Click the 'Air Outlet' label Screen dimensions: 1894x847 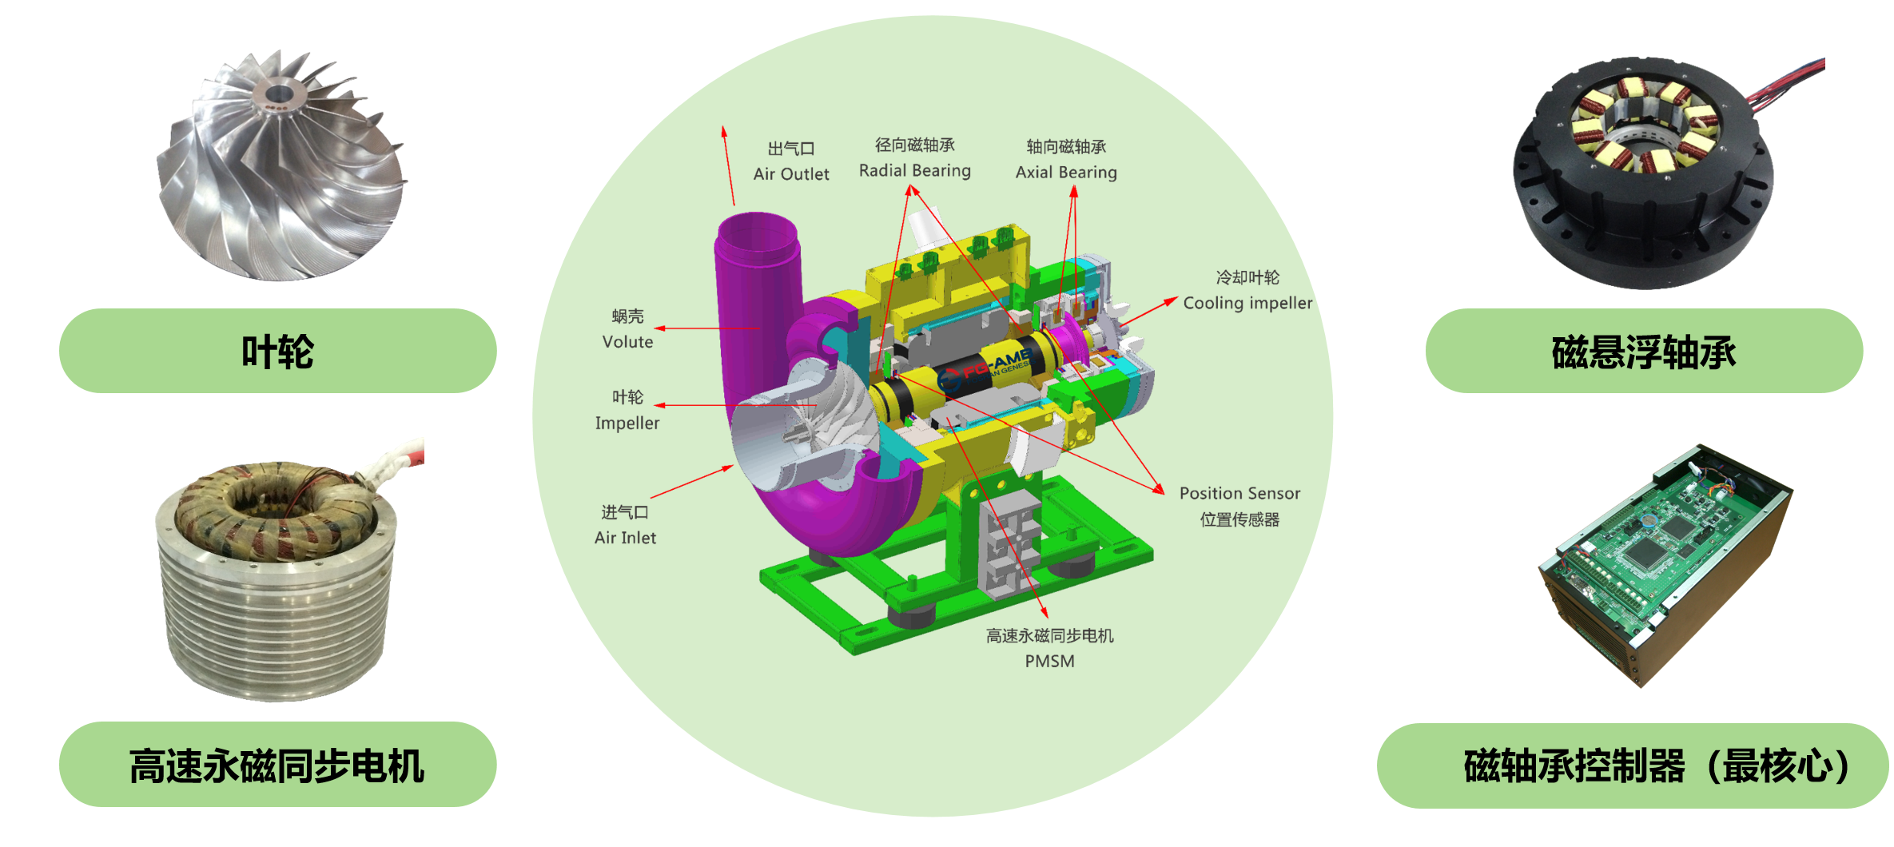pyautogui.click(x=791, y=174)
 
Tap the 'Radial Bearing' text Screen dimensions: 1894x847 pyautogui.click(x=915, y=171)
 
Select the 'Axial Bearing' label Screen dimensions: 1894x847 pyautogui.click(x=1066, y=173)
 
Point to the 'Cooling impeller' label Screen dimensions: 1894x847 pyautogui.click(x=1247, y=304)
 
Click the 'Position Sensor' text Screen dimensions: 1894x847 pyautogui.click(x=1239, y=494)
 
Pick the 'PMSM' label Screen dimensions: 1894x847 pyautogui.click(x=1049, y=662)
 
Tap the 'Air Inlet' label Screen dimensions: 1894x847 pyautogui.click(x=625, y=539)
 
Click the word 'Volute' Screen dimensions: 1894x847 pyautogui.click(x=627, y=342)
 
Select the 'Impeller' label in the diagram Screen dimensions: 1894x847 pyautogui.click(x=627, y=423)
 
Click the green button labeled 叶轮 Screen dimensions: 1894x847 pyautogui.click(x=277, y=351)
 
